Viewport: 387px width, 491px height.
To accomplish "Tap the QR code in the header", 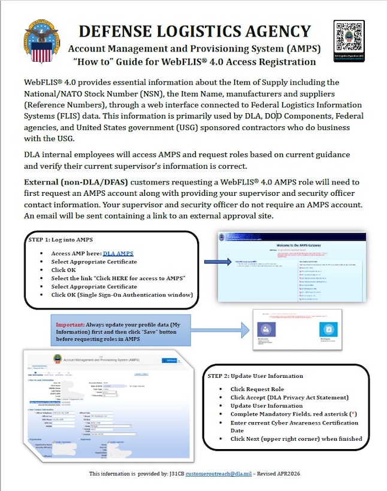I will [x=349, y=40].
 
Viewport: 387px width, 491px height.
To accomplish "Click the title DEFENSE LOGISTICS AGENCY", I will [x=195, y=32].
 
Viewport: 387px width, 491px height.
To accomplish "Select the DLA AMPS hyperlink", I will [x=118, y=253].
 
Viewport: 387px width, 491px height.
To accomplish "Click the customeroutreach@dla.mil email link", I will [x=217, y=474].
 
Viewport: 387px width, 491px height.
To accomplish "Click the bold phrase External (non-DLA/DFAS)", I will [x=75, y=181].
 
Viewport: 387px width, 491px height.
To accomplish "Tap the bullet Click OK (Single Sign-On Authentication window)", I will [x=122, y=295].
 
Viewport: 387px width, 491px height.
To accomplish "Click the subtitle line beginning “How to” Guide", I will [x=194, y=62].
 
